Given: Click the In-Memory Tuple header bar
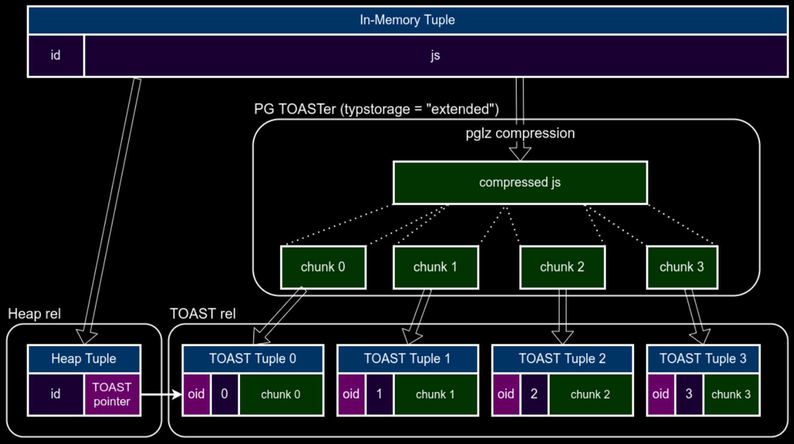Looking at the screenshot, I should (x=407, y=20).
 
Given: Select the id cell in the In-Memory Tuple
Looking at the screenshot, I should (x=55, y=55).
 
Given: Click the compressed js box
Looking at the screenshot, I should (x=520, y=183).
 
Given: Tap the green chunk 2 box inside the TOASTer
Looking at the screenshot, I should (x=562, y=267).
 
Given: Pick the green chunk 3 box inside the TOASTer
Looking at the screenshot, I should (x=682, y=267).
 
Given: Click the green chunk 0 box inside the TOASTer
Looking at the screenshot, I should (x=323, y=267).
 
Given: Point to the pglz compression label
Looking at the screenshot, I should (x=520, y=133).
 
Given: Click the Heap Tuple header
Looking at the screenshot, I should (x=84, y=359).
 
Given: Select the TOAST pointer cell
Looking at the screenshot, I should (x=112, y=394).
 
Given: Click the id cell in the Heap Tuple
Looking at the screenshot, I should (x=55, y=394).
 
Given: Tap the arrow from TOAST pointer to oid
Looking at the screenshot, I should (x=161, y=394).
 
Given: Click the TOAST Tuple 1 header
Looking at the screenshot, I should (x=407, y=359).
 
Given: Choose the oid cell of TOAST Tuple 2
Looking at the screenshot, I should (x=505, y=394).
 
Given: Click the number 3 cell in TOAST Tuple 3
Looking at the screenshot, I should (x=689, y=394).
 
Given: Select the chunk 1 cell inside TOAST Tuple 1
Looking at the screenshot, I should (x=435, y=394).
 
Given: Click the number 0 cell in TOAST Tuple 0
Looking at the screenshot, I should (x=225, y=394).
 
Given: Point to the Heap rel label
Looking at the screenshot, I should (x=34, y=314).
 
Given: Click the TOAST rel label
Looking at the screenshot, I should (x=203, y=314).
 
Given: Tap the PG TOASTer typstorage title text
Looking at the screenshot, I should (x=376, y=109).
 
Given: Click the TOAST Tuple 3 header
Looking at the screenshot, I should (x=703, y=359).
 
